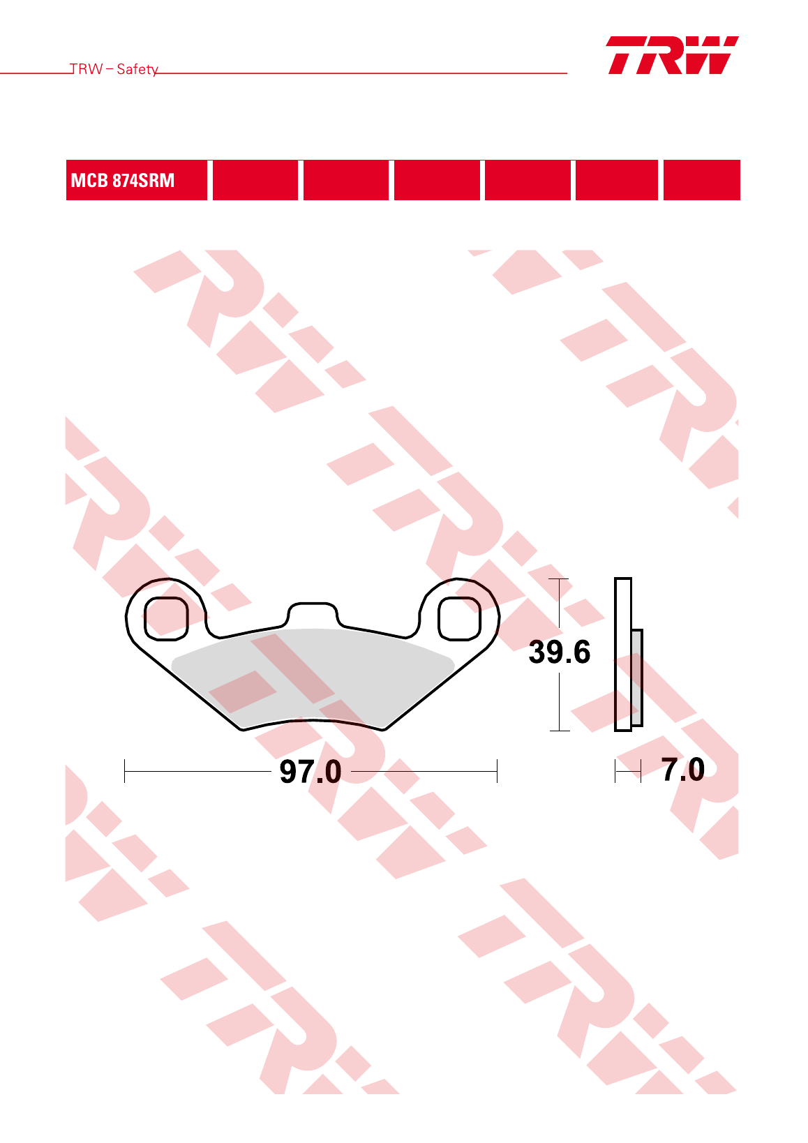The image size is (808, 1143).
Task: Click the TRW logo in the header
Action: (x=673, y=55)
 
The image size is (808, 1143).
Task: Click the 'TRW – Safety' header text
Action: (x=114, y=69)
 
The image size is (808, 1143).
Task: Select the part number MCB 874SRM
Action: (x=122, y=180)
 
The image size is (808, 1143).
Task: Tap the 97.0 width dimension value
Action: (x=310, y=771)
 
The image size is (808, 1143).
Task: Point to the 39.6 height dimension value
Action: (x=560, y=652)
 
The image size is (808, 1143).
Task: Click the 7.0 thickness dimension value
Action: (x=683, y=770)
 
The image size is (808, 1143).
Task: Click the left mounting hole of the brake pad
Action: (x=166, y=618)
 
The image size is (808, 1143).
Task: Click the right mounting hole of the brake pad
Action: (x=459, y=618)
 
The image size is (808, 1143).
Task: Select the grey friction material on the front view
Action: (x=313, y=673)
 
